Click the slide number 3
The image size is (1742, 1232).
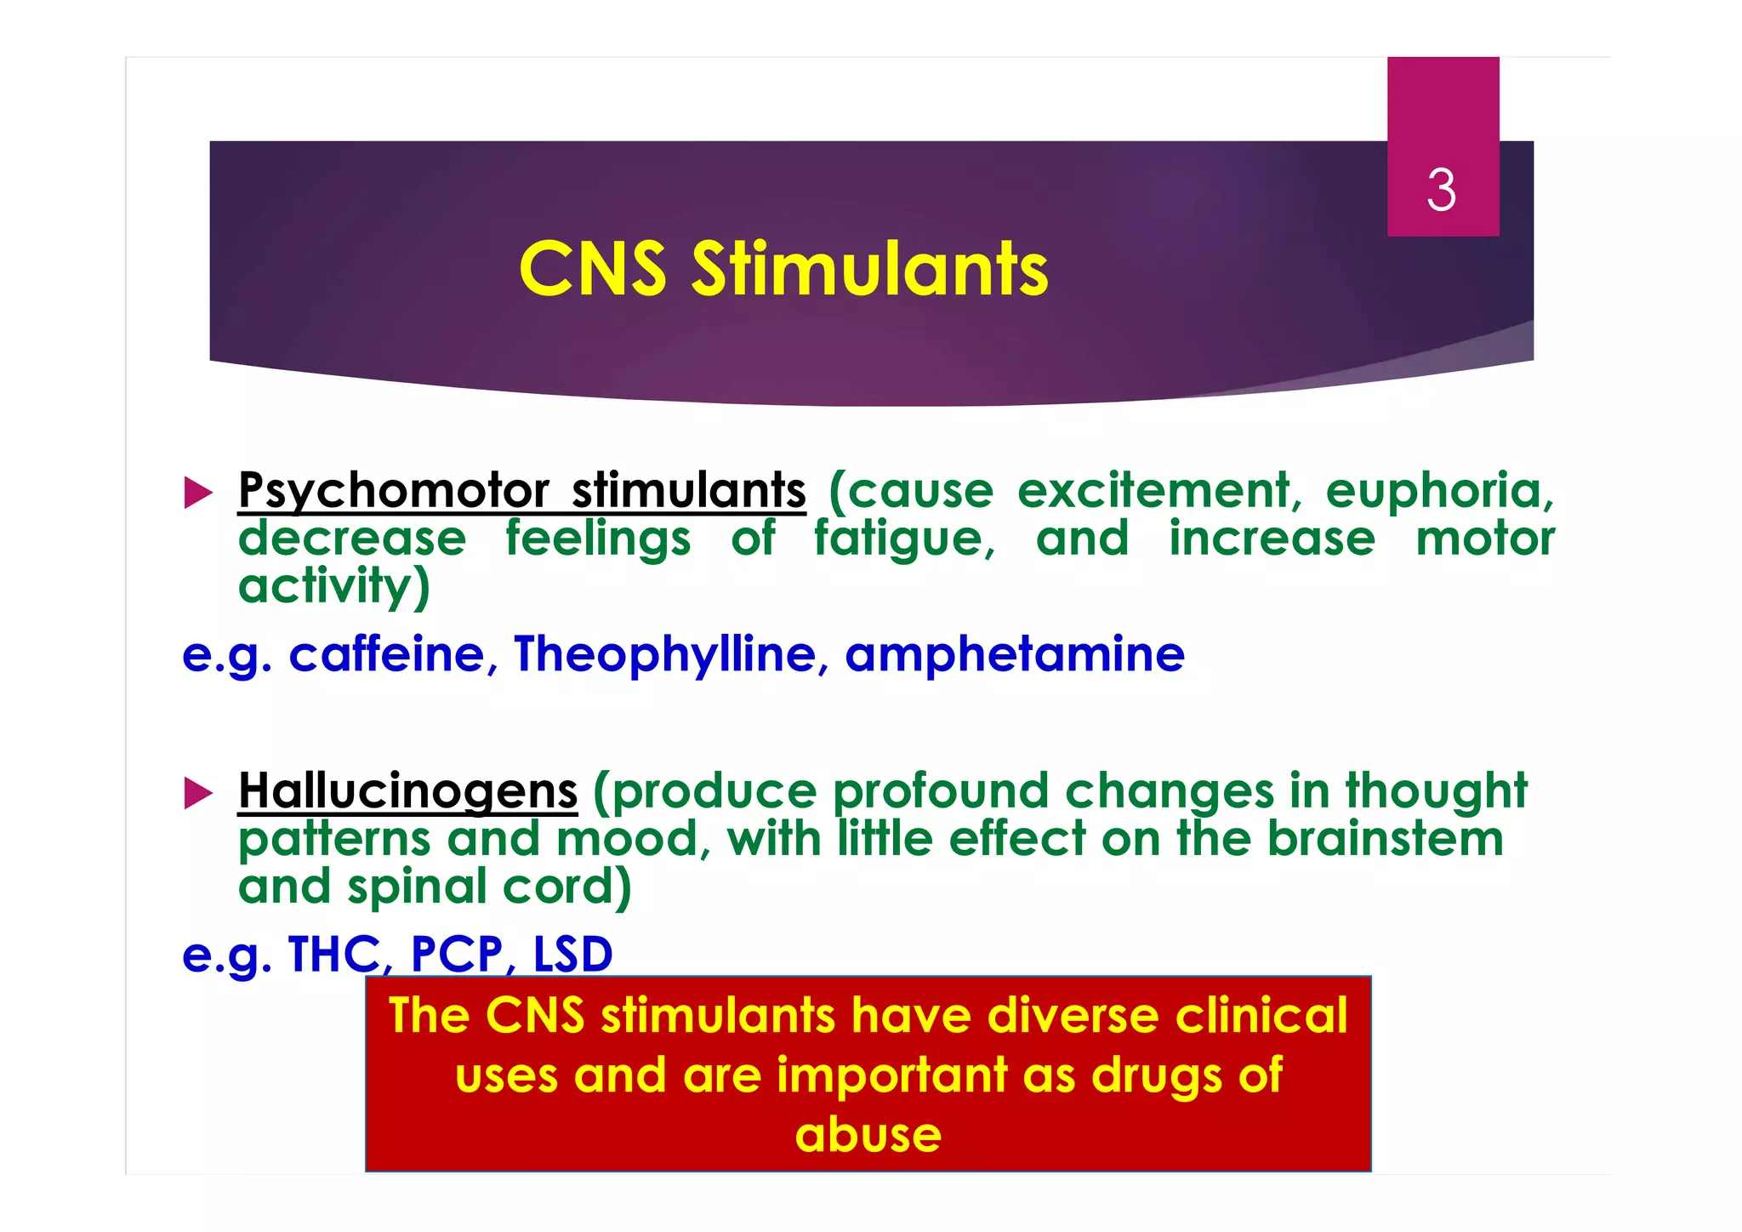pyautogui.click(x=1442, y=190)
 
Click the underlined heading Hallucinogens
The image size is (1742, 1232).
pyautogui.click(x=407, y=791)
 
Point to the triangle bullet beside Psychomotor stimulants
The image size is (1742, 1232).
pyautogui.click(x=198, y=493)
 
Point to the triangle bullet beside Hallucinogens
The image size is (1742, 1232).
pyautogui.click(x=198, y=793)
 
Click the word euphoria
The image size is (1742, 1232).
pyautogui.click(x=1439, y=491)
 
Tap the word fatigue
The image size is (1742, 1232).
pyautogui.click(x=904, y=539)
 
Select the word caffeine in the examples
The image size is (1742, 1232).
pyautogui.click(x=387, y=654)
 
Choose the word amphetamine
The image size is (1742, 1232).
pyautogui.click(x=1014, y=654)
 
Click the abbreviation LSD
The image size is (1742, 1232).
pyautogui.click(x=572, y=954)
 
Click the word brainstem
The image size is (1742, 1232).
pyautogui.click(x=1385, y=839)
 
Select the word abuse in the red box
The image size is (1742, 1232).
pyautogui.click(x=868, y=1134)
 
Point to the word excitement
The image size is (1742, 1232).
pyautogui.click(x=1158, y=491)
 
